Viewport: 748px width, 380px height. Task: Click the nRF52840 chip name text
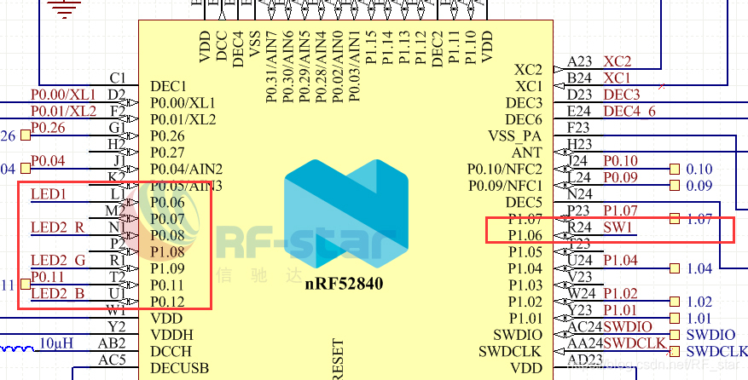341,283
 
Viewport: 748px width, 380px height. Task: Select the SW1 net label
618,227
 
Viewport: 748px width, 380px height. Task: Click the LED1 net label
48,194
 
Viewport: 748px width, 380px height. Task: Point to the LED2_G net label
57,260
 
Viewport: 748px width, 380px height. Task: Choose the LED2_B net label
57,294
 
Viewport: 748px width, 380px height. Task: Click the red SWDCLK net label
635,343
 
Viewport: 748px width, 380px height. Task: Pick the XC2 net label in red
618,61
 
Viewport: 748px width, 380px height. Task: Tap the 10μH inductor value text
58,343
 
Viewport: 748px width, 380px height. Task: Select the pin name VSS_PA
515,136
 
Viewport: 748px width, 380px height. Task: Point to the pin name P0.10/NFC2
504,169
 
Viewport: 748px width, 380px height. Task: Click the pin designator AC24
584,327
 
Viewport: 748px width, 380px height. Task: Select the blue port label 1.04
699,268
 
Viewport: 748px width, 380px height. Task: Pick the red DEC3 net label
622,95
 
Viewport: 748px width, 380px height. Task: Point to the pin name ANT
527,153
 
